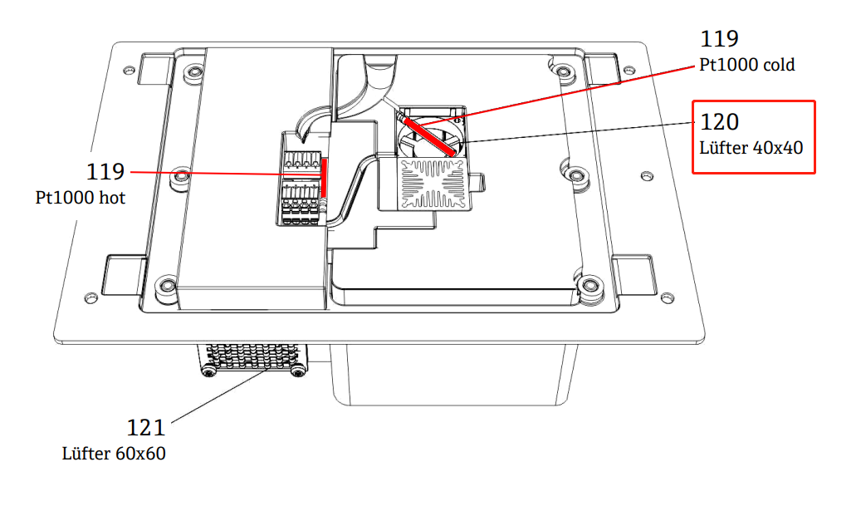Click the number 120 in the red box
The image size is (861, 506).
tap(719, 122)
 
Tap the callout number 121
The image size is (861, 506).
tap(145, 428)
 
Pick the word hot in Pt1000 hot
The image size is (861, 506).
tap(111, 198)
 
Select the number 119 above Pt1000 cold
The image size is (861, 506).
tap(719, 38)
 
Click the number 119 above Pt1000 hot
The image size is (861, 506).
tap(105, 172)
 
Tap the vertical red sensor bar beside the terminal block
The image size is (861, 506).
tap(324, 179)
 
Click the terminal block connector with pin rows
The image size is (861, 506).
tap(301, 187)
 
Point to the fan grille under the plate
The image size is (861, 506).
tap(254, 358)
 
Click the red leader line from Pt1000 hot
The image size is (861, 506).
tap(208, 173)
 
